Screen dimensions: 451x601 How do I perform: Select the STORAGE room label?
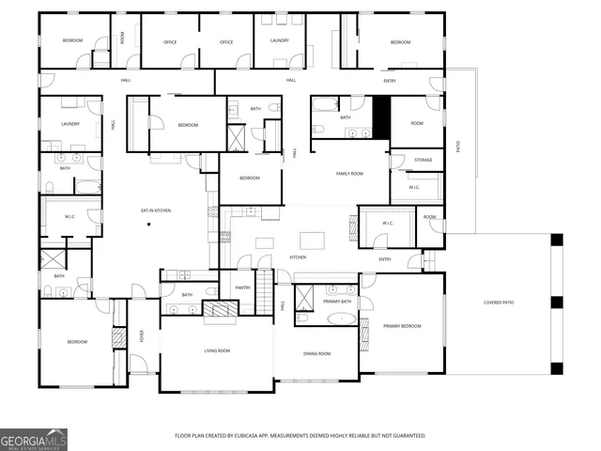[423, 160]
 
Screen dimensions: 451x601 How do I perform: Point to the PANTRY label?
[241, 288]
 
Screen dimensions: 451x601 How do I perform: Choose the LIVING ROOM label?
[218, 350]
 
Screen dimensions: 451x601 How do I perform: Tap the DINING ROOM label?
[316, 353]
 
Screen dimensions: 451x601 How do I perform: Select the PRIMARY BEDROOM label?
[401, 326]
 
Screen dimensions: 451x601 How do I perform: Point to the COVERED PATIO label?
[498, 303]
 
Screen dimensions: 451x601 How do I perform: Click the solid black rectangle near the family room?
[380, 117]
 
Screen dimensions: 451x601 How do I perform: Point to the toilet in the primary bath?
[302, 319]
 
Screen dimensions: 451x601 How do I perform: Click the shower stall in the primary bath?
[305, 297]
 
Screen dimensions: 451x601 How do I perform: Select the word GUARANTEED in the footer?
[407, 436]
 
